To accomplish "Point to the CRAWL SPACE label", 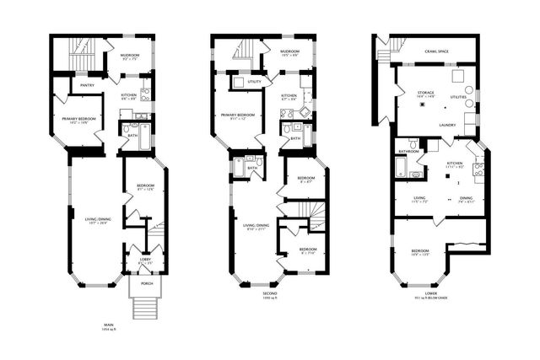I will point(436,51).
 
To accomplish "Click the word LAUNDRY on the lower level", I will point(436,125).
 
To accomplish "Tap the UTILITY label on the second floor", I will point(254,82).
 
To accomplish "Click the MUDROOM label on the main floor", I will point(130,56).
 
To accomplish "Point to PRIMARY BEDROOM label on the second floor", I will point(238,114).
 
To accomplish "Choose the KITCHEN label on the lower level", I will point(455,163).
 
